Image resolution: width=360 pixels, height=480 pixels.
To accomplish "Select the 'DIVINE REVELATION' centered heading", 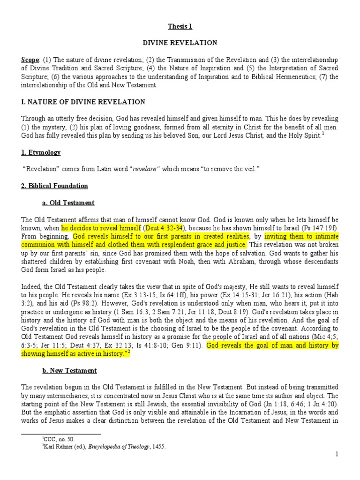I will pos(180,43).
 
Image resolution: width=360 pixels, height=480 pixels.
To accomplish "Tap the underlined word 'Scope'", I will pos(30,60).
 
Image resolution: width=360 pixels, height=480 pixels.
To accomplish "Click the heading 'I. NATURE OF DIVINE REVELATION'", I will pos(83,102).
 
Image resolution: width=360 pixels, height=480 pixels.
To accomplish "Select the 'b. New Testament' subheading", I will pos(71,370).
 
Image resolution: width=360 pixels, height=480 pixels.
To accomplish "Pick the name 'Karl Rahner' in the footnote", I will pos(59,447).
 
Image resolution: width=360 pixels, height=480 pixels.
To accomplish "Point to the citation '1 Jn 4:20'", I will pos(321,404).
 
